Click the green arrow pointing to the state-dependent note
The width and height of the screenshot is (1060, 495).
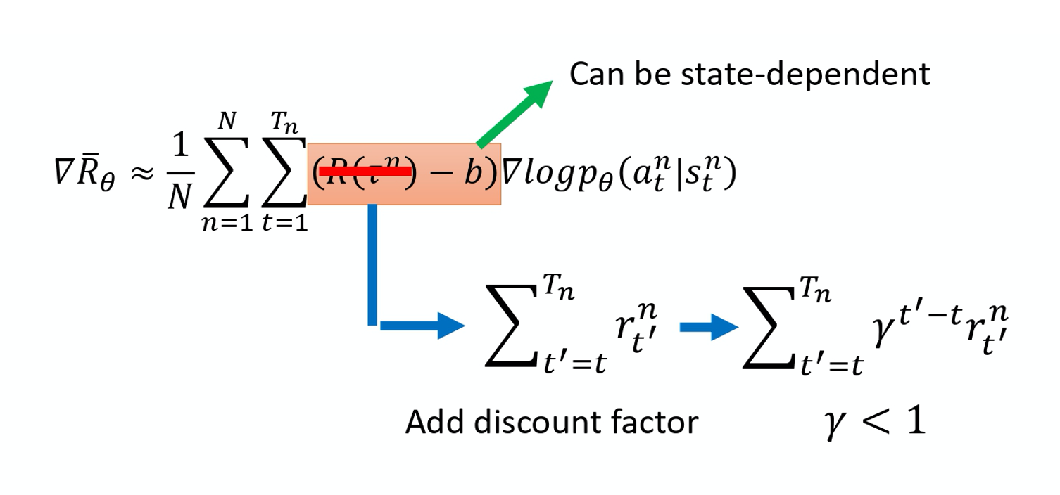point(514,112)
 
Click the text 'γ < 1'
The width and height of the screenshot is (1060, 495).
point(875,423)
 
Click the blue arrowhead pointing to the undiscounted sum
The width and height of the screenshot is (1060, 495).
point(450,326)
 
